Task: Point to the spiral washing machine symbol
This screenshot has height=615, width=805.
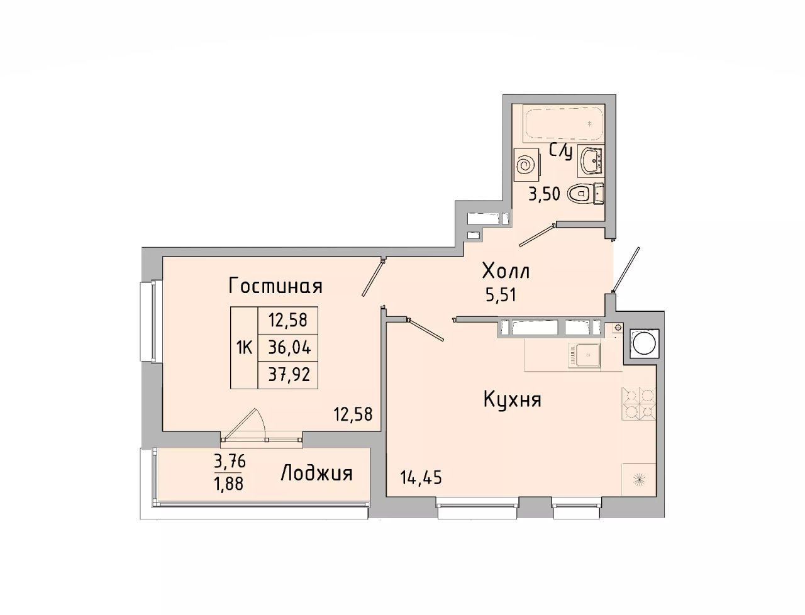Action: (x=527, y=165)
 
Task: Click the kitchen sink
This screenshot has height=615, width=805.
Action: (x=584, y=355)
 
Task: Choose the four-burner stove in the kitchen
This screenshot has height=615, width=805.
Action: (x=638, y=404)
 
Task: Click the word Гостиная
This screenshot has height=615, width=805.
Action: (x=275, y=285)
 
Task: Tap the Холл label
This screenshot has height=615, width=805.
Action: (x=506, y=272)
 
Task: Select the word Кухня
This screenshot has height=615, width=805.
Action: (x=513, y=399)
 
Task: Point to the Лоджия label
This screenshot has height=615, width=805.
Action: (x=316, y=474)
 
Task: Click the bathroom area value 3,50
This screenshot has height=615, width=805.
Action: (x=544, y=194)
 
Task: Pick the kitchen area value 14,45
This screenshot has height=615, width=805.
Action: (x=421, y=477)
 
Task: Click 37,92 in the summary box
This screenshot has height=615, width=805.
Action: (x=289, y=374)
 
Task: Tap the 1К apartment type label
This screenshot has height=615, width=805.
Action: (x=244, y=347)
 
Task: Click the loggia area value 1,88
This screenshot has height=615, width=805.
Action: (x=230, y=484)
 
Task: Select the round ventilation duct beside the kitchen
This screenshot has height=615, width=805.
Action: (x=645, y=343)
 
